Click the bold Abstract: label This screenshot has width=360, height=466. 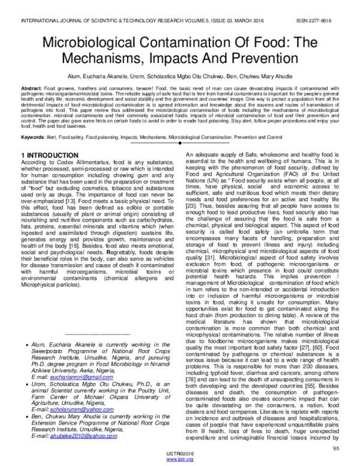(x=32, y=88)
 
